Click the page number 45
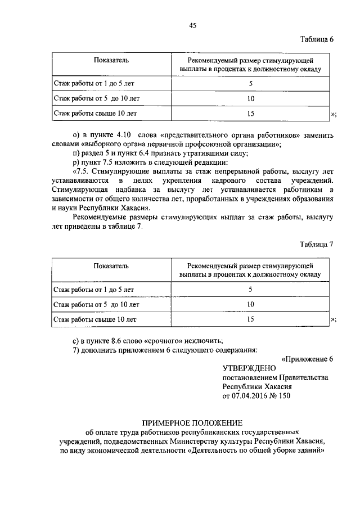coord(192,25)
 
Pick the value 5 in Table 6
coord(250,84)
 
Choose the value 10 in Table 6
coord(250,98)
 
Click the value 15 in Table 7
coord(250,319)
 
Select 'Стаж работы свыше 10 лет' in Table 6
coord(95,114)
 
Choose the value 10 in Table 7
coord(250,304)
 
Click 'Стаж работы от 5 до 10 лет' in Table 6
coord(96,98)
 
